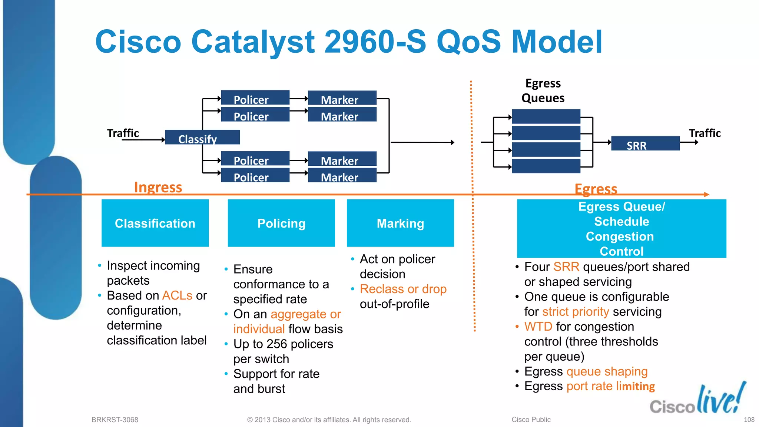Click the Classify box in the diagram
point(202,137)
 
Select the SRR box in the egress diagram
point(645,143)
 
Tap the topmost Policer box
point(255,97)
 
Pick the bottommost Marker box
point(342,175)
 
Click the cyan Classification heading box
point(155,223)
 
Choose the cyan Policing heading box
point(281,223)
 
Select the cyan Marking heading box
point(400,223)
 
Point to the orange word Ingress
point(158,187)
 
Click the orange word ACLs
point(177,295)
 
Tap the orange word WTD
point(538,327)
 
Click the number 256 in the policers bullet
point(276,344)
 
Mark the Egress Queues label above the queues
point(543,91)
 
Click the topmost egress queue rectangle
point(546,116)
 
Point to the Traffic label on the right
point(705,133)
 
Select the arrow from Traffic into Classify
point(143,140)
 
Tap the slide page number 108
point(749,420)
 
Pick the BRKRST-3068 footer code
point(115,420)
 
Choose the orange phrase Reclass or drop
point(403,289)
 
